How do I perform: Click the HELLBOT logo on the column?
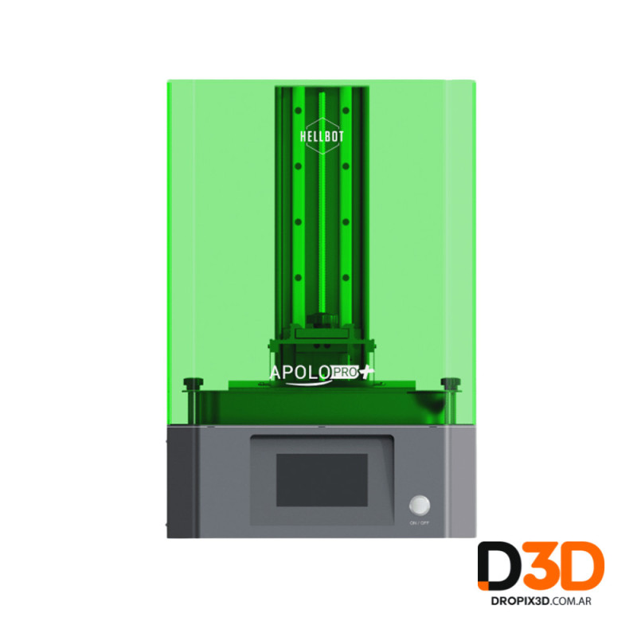click(322, 136)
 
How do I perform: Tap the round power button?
click(420, 506)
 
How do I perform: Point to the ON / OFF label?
click(420, 523)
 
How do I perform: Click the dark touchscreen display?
click(322, 480)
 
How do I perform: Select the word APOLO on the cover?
click(300, 373)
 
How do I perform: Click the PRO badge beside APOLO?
click(345, 372)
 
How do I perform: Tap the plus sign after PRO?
click(367, 372)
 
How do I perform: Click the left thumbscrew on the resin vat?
click(193, 383)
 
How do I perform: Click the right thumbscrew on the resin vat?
click(451, 383)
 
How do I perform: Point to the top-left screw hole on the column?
click(298, 111)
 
